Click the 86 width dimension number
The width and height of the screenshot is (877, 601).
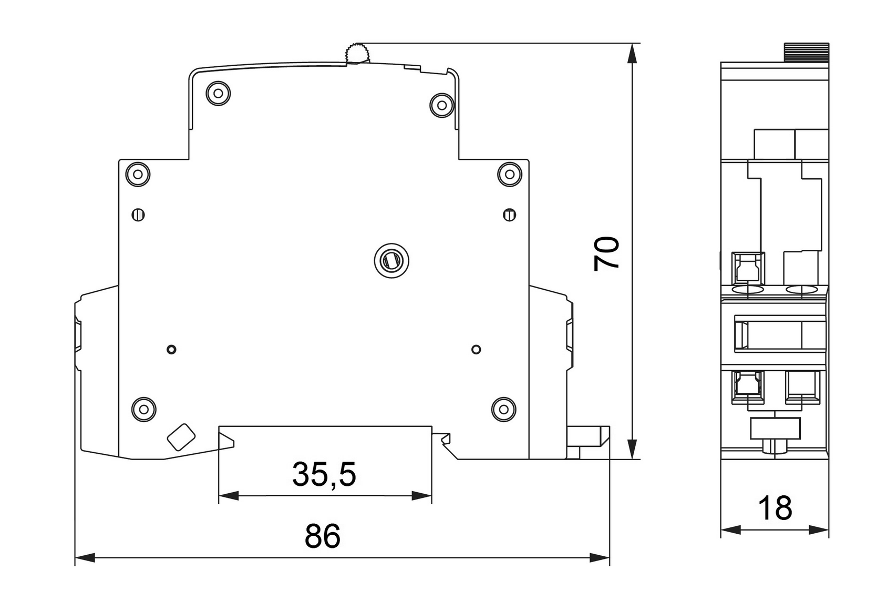coord(323,536)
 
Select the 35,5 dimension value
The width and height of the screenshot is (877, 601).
coord(324,474)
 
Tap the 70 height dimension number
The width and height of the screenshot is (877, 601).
coord(606,254)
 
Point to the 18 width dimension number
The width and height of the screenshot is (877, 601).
coord(775,508)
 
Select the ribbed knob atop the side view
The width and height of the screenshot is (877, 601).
coord(807,53)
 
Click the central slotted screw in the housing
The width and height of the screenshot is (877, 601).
coord(392,260)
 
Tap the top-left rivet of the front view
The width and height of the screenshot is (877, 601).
coord(219,94)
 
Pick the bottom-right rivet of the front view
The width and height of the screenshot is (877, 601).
coord(503,408)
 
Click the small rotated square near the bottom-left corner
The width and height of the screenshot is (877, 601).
coord(181,437)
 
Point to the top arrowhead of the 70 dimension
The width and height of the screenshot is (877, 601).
coord(633,53)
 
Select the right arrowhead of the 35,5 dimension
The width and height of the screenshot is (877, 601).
coord(421,495)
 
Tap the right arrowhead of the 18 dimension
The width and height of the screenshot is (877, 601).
coord(819,529)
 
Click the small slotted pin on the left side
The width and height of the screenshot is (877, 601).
coord(138,215)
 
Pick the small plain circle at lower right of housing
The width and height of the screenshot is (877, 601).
coord(476,349)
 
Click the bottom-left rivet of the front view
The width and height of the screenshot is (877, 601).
coord(143,408)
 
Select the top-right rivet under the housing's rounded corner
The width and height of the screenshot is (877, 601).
coord(442,105)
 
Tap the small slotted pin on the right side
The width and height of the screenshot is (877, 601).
coord(509,215)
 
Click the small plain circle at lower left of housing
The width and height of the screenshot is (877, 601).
coord(171,349)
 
